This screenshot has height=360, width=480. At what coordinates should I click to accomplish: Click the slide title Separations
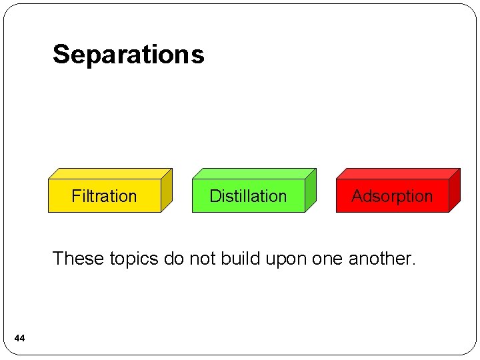pos(129,54)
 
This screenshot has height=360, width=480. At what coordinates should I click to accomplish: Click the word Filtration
pos(104,196)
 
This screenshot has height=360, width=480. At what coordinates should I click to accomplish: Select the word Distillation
pos(248,196)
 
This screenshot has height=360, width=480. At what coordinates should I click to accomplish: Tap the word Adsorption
pos(392,196)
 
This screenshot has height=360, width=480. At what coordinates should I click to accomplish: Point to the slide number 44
pos(19,339)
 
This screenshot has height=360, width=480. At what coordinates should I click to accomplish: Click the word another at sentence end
pos(383,258)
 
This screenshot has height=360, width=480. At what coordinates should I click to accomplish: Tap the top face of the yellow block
pos(110,173)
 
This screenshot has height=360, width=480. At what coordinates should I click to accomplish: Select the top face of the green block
pos(254,173)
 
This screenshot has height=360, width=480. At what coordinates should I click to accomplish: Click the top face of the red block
pos(398,173)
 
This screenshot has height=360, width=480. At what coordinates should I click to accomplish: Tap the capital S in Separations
pos(61,54)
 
